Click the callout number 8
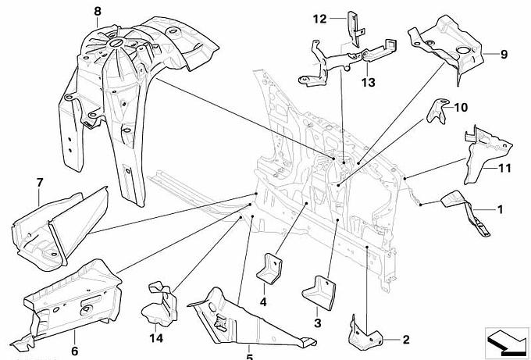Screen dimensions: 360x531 click(x=97, y=10)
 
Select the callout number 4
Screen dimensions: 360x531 click(x=263, y=302)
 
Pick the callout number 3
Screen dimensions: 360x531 click(x=318, y=322)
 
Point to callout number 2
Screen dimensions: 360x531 click(x=405, y=339)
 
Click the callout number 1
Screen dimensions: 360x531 click(x=501, y=209)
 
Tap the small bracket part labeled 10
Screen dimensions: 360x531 click(x=436, y=112)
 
